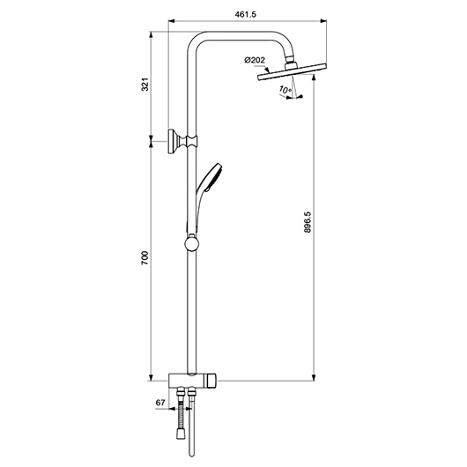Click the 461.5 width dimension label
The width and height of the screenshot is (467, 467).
click(x=245, y=14)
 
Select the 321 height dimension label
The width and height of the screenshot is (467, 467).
click(x=145, y=85)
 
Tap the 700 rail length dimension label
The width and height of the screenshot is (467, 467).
click(x=145, y=258)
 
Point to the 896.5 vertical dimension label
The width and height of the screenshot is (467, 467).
click(x=308, y=222)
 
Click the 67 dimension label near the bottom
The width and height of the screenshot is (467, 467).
click(x=160, y=403)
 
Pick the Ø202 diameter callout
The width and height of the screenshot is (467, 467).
click(x=255, y=60)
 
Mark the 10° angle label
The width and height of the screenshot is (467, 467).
click(x=285, y=89)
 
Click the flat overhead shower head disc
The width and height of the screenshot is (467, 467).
click(x=292, y=71)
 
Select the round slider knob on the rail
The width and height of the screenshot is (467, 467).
click(x=192, y=243)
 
